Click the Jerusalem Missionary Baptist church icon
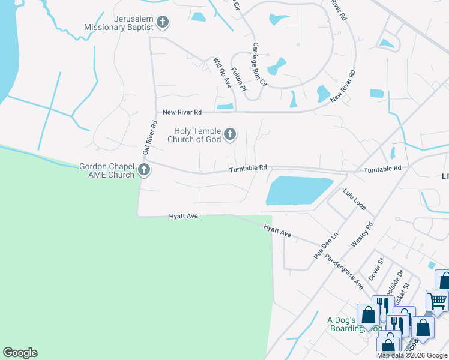[162, 23]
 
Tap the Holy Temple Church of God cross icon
[230, 136]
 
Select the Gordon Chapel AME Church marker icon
[143, 170]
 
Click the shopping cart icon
[437, 300]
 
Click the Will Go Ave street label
[223, 73]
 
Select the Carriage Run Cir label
[258, 64]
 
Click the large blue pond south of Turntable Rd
[298, 191]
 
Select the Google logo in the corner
[20, 353]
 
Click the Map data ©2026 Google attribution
[412, 355]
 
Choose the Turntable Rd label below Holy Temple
[247, 170]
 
